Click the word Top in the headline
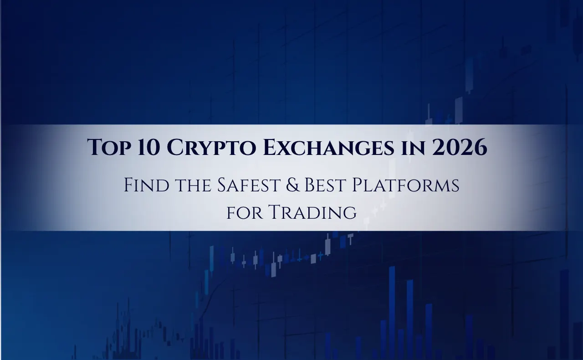[x=109, y=147]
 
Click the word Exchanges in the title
[x=328, y=147]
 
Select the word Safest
[x=248, y=185]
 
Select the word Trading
[x=312, y=212]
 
